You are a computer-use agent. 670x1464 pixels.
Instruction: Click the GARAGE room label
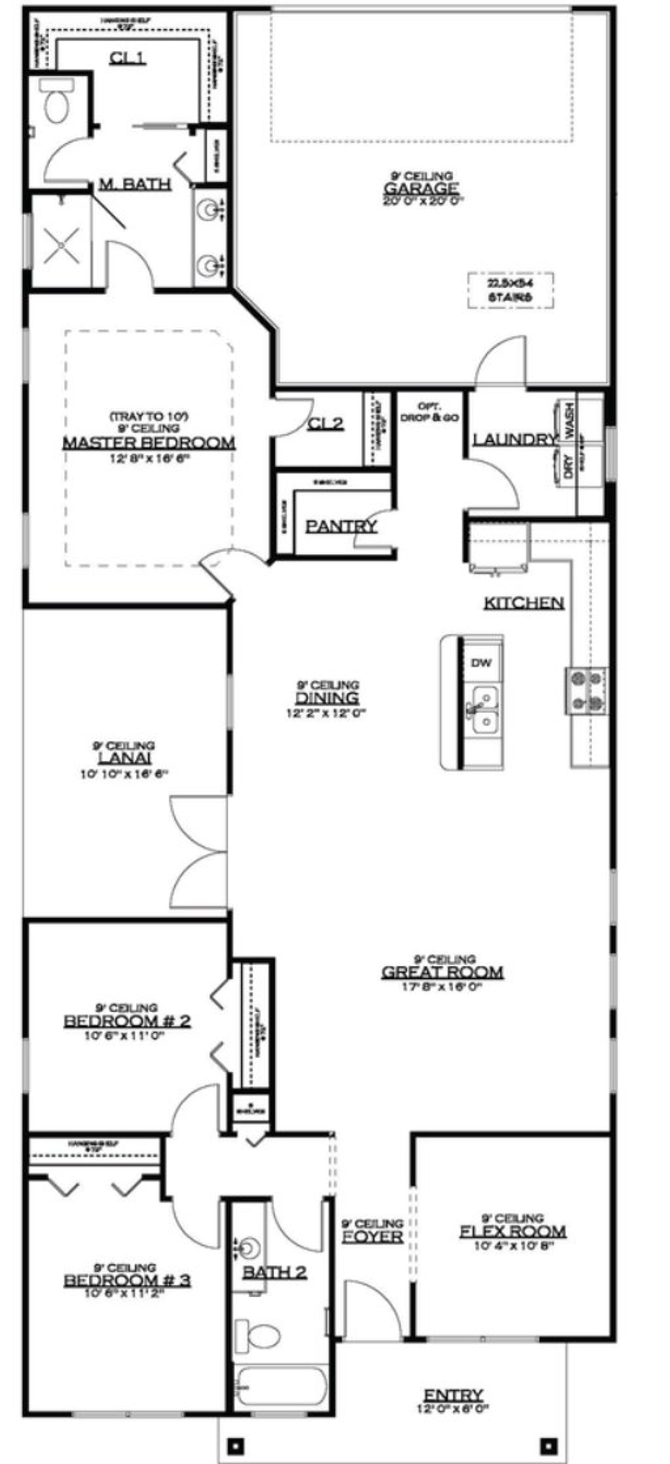pyautogui.click(x=421, y=188)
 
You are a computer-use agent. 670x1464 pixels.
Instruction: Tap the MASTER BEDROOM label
pyautogui.click(x=149, y=443)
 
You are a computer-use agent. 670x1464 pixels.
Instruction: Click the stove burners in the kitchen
pyautogui.click(x=586, y=691)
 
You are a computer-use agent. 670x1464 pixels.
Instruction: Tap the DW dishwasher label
pyautogui.click(x=481, y=662)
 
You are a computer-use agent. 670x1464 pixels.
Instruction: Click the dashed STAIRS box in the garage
pyautogui.click(x=511, y=290)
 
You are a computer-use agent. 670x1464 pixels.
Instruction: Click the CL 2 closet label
pyautogui.click(x=326, y=424)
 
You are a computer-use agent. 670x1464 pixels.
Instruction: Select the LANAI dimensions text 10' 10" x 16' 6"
pyautogui.click(x=125, y=773)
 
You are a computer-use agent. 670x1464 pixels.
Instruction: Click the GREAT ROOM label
pyautogui.click(x=442, y=973)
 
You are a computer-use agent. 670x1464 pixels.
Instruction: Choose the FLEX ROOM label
pyautogui.click(x=512, y=1231)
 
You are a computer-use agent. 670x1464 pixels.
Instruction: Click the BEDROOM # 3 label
pyautogui.click(x=127, y=1280)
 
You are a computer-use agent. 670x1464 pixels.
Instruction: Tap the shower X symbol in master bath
pyautogui.click(x=61, y=246)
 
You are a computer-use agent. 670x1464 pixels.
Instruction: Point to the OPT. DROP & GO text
pyautogui.click(x=430, y=412)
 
